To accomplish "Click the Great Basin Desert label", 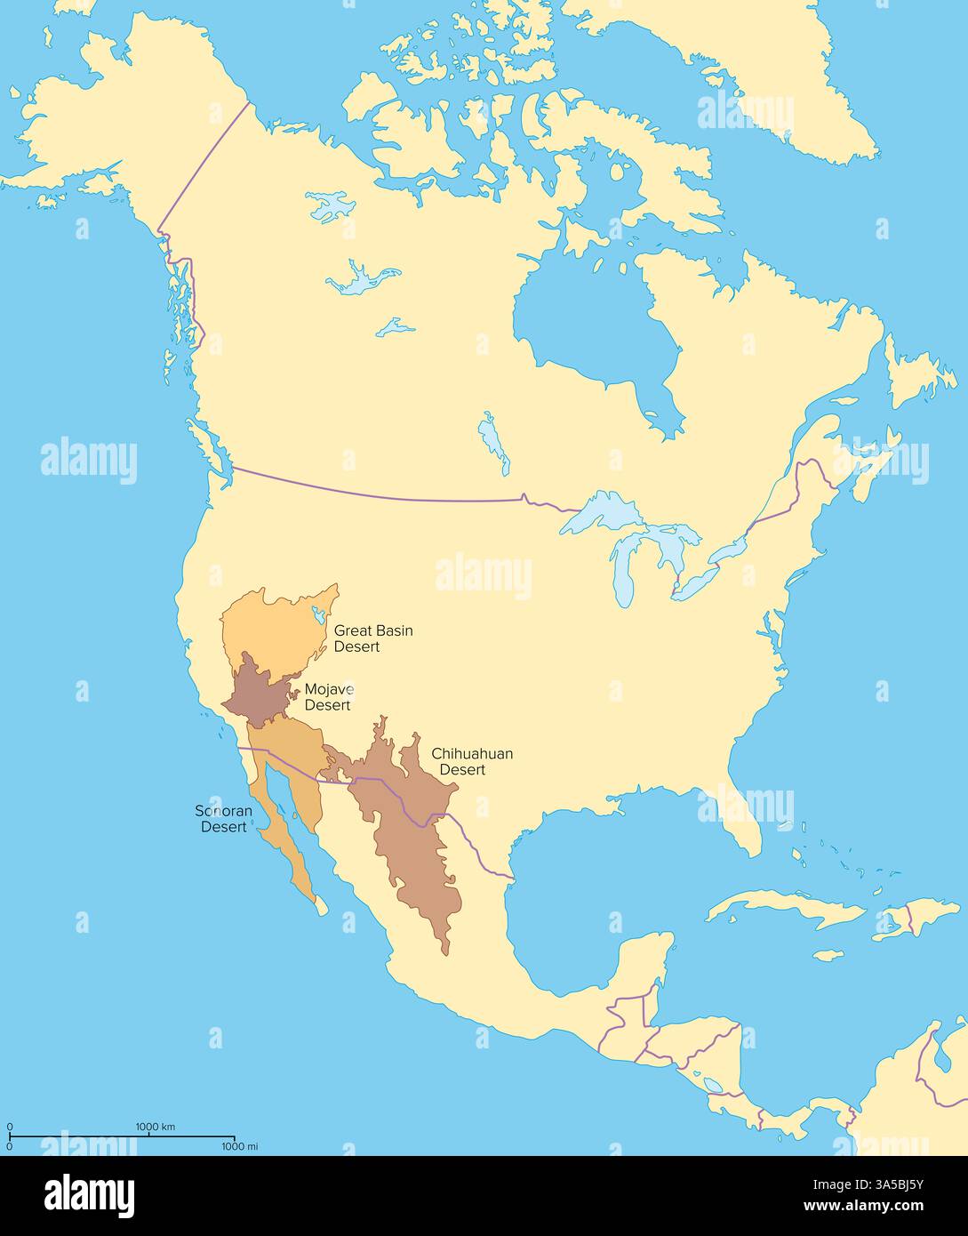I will (x=372, y=638).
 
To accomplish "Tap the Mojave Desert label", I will (x=328, y=697).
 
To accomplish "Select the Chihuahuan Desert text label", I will (x=471, y=761).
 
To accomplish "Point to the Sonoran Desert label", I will (x=223, y=819).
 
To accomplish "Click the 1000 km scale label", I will (x=155, y=1127).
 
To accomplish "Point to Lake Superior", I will (x=604, y=514).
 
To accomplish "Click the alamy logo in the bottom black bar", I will (x=89, y=1194).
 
